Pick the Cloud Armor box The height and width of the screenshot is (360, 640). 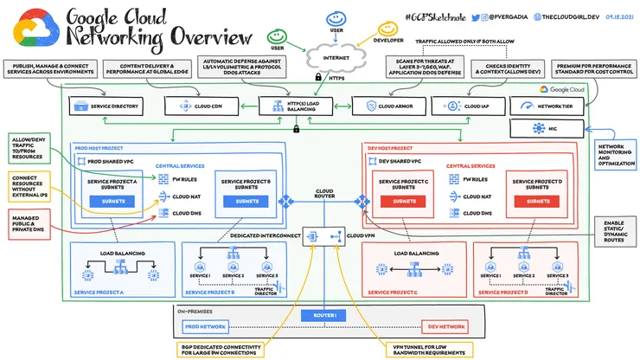387,106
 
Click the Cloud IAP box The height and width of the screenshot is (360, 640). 470,106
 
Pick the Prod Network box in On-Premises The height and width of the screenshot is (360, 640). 205,327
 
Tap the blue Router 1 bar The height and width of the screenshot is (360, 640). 323,316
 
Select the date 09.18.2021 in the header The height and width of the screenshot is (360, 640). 618,16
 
